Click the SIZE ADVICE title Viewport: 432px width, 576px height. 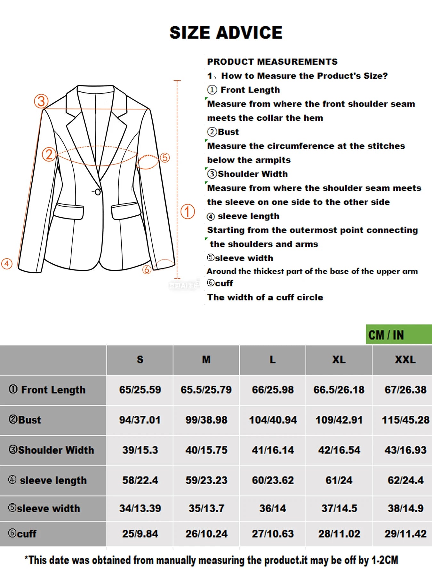pos(226,33)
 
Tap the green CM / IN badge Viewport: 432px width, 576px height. pos(398,335)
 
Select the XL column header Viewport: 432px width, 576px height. pos(339,360)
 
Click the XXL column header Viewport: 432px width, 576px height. pos(405,360)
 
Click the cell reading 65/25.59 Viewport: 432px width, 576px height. pos(140,390)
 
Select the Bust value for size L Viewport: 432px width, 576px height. pos(273,420)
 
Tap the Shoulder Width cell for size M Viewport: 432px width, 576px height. pos(206,450)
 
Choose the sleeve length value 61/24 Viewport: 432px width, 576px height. pos(339,480)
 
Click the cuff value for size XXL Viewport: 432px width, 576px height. pos(405,534)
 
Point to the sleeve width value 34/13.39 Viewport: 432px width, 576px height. pos(140,508)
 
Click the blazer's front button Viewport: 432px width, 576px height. pos(98,192)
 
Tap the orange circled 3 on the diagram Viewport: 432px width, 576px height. pos(41,101)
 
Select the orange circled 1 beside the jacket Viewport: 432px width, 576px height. pos(188,212)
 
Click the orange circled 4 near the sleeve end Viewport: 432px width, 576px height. pos(7,264)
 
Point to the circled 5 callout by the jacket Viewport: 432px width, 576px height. pos(164,157)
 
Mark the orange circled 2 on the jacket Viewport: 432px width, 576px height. pos(49,155)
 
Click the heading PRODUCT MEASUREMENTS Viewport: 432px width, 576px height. pos(272,61)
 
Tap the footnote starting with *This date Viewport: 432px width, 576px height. pos(211,560)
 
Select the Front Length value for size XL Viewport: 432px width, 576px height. pos(339,390)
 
